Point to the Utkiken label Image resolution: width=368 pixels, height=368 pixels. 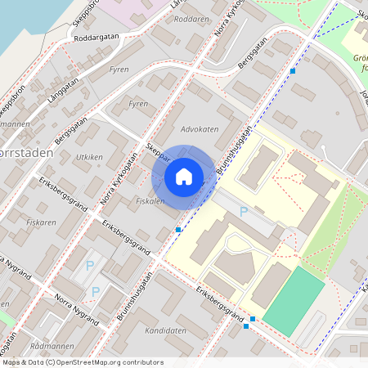click(x=88, y=156)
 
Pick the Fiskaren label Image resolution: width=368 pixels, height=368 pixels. click(x=41, y=222)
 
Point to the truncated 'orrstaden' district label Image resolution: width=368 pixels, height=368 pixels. click(x=26, y=153)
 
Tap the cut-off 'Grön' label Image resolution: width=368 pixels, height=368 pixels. click(x=361, y=58)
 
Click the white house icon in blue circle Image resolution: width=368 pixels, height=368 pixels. click(x=183, y=176)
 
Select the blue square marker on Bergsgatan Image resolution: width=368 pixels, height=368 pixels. click(x=293, y=71)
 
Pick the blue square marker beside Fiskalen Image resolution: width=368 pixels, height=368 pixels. click(x=178, y=231)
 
